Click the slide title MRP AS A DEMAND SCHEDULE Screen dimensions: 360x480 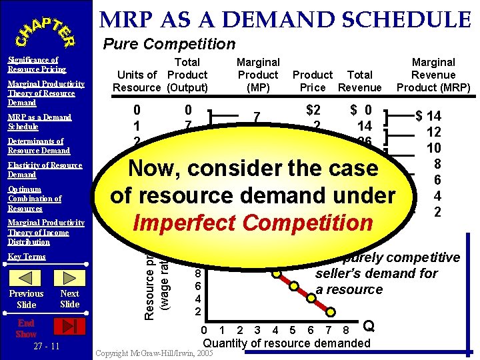[x=285, y=19]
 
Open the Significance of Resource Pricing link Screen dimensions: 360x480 [x=37, y=65]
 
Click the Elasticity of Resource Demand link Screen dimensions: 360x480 [x=45, y=170]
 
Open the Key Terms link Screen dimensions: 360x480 [x=27, y=257]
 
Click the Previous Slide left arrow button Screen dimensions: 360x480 [x=26, y=278]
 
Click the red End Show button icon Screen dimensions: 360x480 [x=69, y=326]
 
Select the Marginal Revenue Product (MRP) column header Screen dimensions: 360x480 [x=433, y=75]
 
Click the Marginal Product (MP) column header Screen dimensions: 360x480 [x=258, y=75]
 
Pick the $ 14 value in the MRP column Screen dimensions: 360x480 [x=429, y=117]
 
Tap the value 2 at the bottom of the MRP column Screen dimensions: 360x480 [x=437, y=213]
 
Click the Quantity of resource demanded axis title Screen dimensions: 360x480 [x=286, y=343]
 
